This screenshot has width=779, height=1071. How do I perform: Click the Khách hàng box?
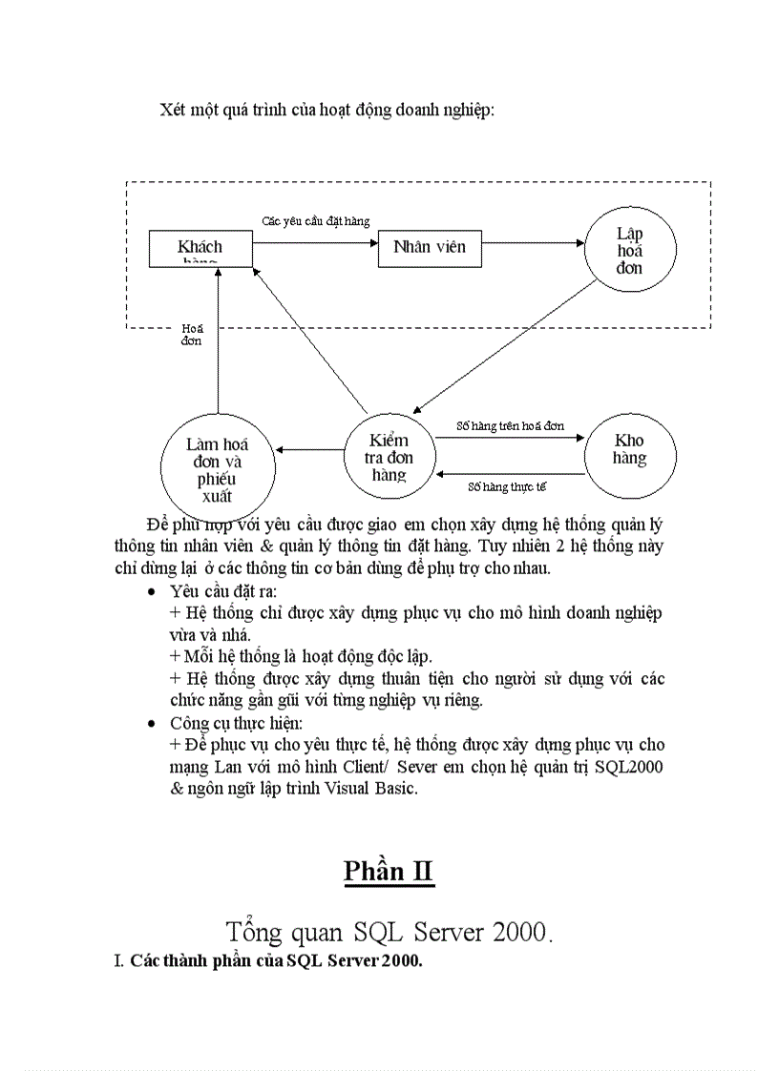tap(200, 248)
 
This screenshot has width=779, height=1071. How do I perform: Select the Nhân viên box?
tap(430, 247)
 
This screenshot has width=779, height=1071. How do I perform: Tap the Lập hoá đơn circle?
tap(629, 251)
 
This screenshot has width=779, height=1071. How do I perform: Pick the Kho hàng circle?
tap(629, 450)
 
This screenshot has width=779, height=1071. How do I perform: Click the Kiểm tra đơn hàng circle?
tap(389, 456)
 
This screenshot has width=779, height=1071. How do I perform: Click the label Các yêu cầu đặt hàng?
tap(316, 221)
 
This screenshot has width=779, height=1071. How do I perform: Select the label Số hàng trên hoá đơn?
tap(510, 426)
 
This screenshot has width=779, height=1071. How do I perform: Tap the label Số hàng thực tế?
tap(507, 486)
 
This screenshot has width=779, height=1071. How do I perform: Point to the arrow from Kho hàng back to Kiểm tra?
tap(510, 473)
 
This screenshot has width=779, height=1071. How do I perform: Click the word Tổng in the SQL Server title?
tap(255, 931)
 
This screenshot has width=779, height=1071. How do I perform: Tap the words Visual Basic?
tap(368, 790)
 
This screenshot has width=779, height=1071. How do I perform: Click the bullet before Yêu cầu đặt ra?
tap(150, 592)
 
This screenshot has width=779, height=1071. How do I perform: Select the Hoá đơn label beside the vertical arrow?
tap(192, 334)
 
